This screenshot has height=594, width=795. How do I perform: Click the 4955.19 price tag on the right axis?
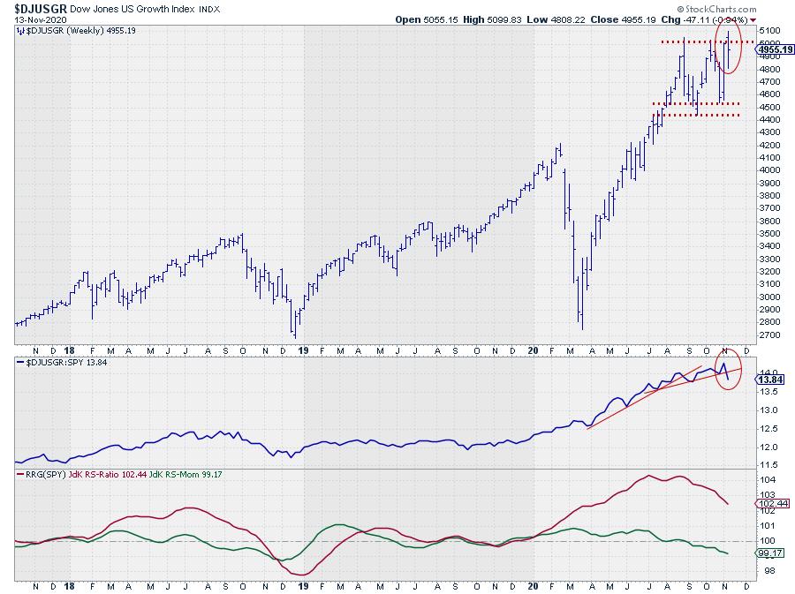coord(774,50)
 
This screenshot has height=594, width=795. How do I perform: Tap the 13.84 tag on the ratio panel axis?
coord(768,379)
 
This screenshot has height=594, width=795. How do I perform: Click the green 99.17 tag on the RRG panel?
coord(768,553)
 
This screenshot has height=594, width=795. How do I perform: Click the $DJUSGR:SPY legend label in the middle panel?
coord(57,364)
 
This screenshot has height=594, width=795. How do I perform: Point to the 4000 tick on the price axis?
coord(767,170)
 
